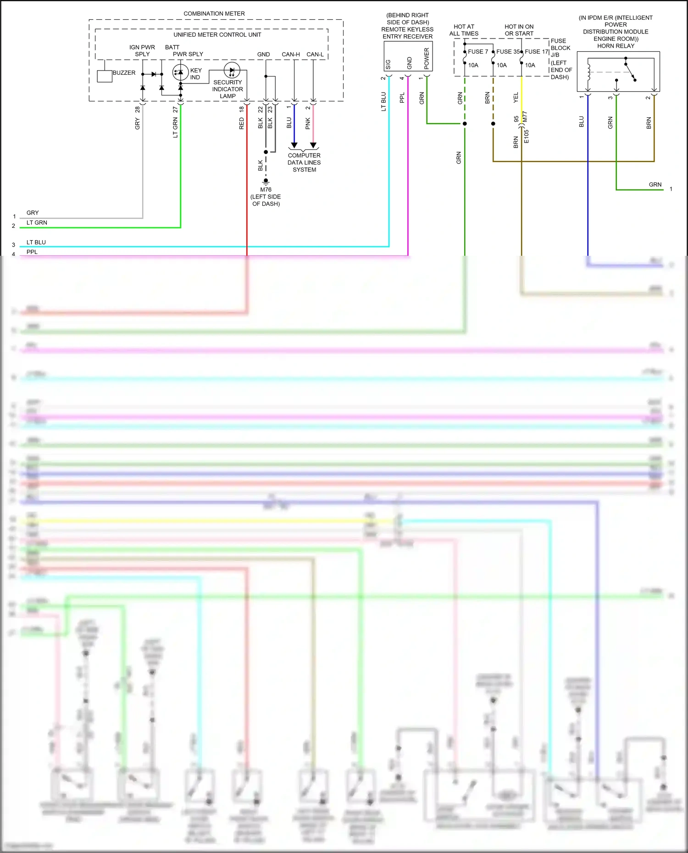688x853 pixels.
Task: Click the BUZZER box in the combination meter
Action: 105,76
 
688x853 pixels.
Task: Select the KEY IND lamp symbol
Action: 180,72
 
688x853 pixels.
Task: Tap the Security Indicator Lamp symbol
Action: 232,71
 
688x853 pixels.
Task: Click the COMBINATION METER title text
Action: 214,14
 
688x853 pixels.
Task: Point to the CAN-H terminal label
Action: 291,55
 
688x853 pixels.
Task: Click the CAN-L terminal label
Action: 315,55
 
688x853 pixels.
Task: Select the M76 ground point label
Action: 266,190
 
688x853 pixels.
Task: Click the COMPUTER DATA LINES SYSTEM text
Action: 304,163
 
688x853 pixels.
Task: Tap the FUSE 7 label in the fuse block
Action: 478,52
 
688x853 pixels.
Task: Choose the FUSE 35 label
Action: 508,52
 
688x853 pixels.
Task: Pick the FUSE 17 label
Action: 536,52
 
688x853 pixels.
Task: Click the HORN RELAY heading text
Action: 616,46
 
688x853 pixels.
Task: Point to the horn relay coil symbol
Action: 588,72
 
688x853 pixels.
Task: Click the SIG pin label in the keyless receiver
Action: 388,64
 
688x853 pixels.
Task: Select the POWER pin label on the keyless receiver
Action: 427,59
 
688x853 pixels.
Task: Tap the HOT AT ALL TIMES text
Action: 464,30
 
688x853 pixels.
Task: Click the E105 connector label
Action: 527,136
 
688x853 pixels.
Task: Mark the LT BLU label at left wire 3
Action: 36,242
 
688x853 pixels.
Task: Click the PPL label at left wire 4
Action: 32,252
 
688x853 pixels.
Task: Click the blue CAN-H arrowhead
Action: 294,145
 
